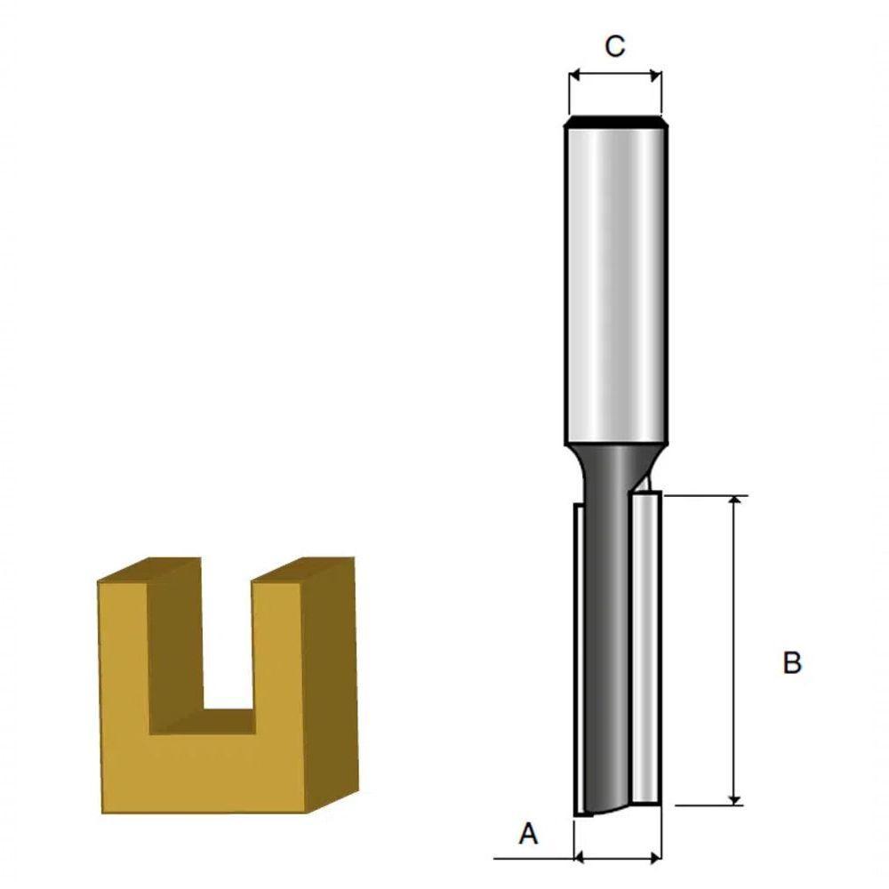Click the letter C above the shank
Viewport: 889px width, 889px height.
[x=614, y=46]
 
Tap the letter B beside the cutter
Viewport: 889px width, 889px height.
[x=792, y=663]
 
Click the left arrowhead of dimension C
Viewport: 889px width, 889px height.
[x=573, y=76]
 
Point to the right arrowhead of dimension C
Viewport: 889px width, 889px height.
[x=657, y=76]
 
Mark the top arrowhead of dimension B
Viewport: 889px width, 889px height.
[x=734, y=503]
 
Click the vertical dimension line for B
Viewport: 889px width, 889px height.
[x=734, y=649]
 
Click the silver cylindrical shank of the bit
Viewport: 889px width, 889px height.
[x=614, y=284]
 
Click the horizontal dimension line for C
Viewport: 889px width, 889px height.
[x=615, y=76]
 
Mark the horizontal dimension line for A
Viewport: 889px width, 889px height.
[x=618, y=858]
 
